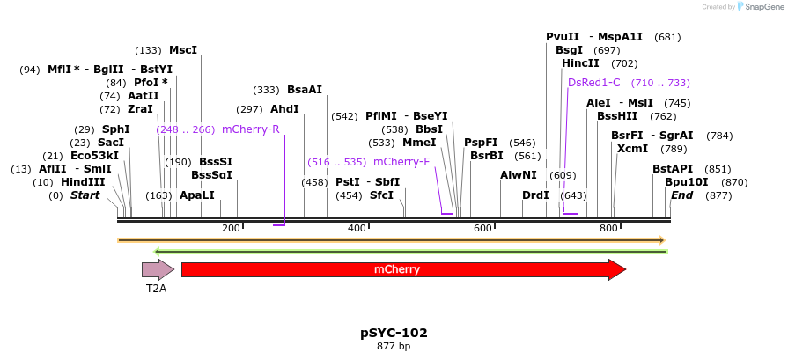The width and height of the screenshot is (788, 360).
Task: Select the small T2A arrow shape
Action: coord(158,269)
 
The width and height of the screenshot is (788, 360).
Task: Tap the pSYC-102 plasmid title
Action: coord(394,333)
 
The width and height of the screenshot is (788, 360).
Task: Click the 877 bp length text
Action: coord(394,346)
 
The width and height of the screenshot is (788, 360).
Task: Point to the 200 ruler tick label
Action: coord(231,229)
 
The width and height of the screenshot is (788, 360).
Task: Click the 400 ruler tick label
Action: coord(357,229)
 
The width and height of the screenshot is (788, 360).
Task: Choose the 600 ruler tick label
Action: coord(482,229)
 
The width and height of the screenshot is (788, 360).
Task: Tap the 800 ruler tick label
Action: coord(608,229)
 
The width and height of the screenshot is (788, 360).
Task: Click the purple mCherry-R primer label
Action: coord(251,129)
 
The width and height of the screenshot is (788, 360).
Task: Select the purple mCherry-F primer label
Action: coord(401,162)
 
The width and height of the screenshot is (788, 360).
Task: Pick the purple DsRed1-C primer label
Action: coord(594,83)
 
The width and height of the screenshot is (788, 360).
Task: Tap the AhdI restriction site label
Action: coord(284,109)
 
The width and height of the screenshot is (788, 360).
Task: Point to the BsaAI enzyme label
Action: coord(305,90)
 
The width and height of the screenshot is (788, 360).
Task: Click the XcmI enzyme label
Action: coord(632,149)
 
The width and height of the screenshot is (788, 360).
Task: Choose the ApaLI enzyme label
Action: coord(196,195)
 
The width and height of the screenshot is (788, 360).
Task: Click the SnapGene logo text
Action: coord(762,6)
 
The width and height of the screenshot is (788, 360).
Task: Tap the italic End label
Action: coord(681,195)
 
